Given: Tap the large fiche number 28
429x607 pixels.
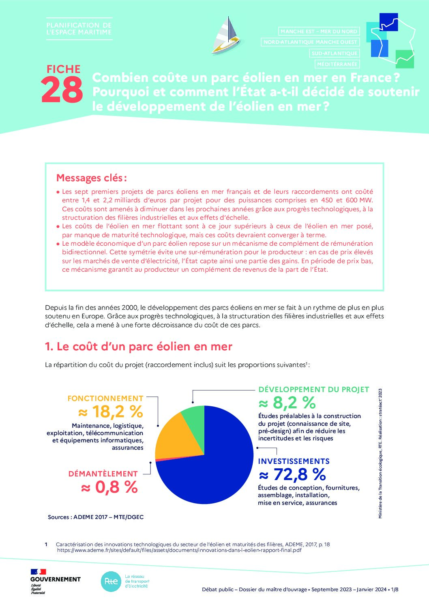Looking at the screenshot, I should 62,90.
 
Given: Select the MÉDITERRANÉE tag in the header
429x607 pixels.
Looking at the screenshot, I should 337,64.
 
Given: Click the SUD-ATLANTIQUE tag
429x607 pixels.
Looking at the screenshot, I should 334,53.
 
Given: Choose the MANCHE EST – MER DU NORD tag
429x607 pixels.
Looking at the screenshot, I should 319,31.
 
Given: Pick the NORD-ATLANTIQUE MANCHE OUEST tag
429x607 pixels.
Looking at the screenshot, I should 310,42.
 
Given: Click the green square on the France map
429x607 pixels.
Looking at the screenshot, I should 404,59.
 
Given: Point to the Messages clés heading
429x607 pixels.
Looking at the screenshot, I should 92,178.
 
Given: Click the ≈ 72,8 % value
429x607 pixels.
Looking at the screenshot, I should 292,474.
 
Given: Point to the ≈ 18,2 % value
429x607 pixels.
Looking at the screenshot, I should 110,412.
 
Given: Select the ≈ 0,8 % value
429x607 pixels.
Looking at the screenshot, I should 109,487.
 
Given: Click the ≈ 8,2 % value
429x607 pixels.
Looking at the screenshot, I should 287,403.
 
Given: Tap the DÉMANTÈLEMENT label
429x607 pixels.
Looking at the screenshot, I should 103,474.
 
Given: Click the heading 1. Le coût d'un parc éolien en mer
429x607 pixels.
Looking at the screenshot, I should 139,347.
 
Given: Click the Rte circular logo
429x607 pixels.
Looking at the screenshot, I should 111,581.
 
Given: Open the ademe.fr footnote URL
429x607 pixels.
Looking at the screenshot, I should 179,550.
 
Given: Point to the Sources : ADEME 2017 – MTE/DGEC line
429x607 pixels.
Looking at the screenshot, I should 96,517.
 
